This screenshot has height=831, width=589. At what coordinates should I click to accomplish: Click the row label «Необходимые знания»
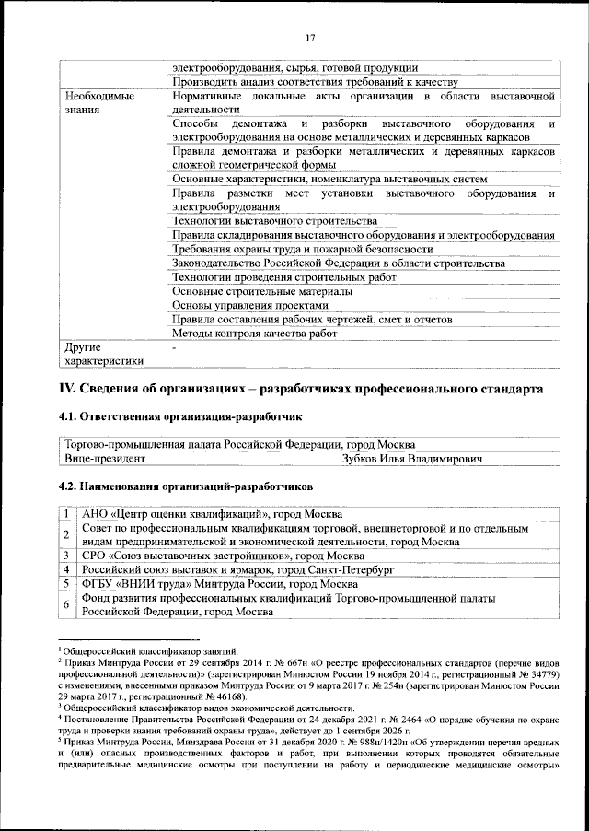pos(98,102)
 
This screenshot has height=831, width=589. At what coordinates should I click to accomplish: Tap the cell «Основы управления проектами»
pos(249,306)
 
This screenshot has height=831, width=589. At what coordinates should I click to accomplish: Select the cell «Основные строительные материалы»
pos(261,292)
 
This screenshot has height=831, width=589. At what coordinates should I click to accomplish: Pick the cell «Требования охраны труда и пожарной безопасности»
pos(302,249)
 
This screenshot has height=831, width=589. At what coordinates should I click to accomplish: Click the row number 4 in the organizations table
pos(68,570)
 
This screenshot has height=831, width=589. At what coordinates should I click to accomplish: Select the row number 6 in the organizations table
pos(68,604)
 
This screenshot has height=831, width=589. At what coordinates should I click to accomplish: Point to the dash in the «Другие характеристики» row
pos(174,349)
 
